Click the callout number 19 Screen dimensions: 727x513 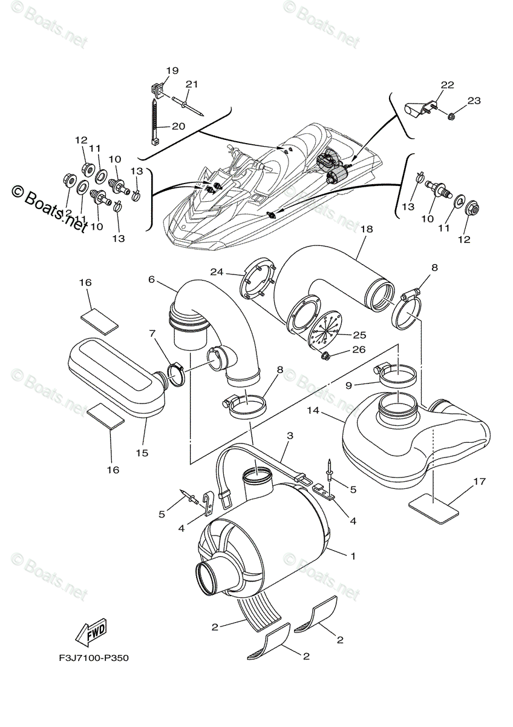(x=172, y=71)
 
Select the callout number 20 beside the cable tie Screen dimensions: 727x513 (x=178, y=126)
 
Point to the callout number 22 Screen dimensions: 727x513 (x=446, y=85)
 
